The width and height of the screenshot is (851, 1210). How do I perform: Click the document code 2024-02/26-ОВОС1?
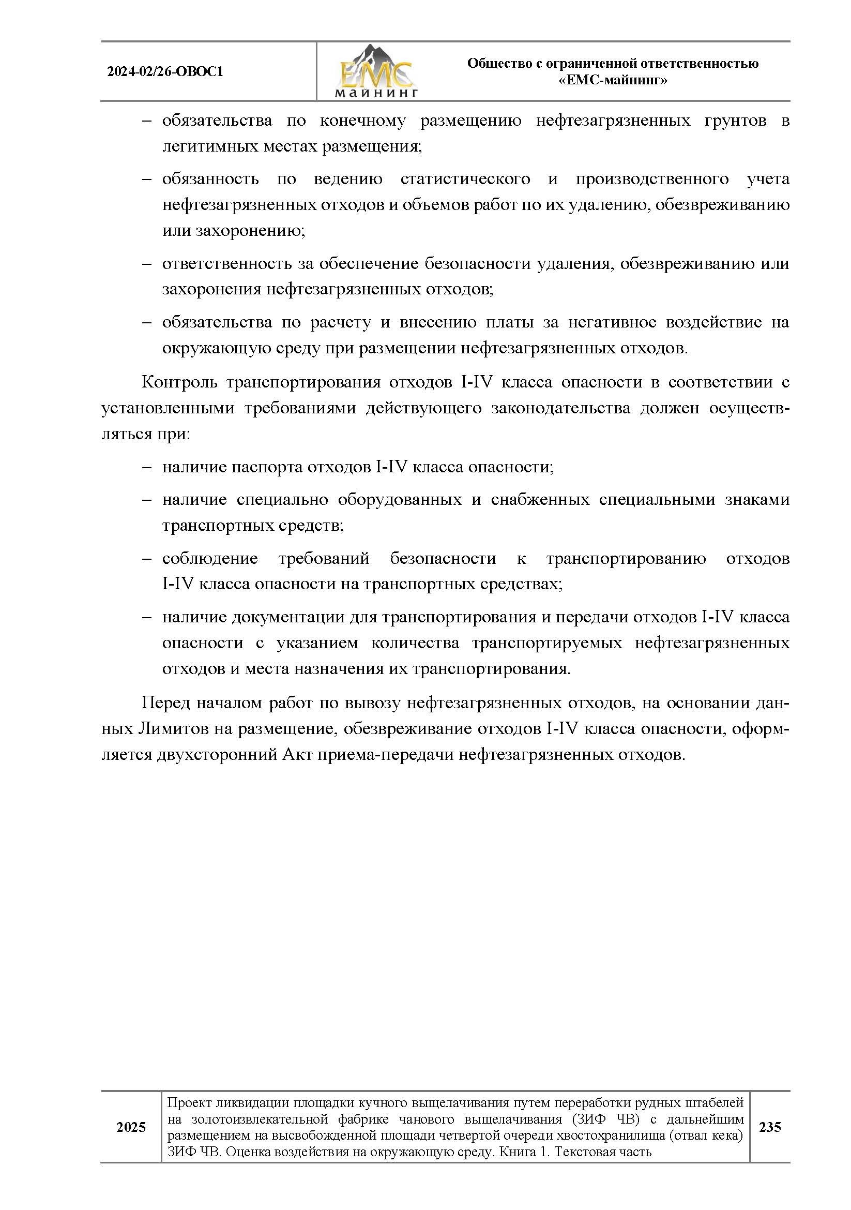tap(165, 71)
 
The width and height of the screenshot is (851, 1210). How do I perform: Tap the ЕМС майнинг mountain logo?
tap(376, 71)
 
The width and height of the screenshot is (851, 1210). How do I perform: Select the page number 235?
tap(769, 1127)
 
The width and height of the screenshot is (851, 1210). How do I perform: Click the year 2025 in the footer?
tap(131, 1127)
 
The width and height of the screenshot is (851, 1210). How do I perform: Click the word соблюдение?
tap(209, 558)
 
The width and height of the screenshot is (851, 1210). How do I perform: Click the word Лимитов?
tap(174, 729)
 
